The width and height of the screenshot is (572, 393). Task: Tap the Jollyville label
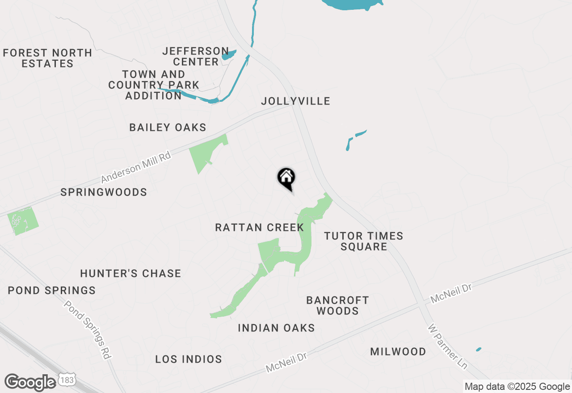coord(295,101)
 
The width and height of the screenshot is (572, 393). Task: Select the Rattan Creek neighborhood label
coord(259,228)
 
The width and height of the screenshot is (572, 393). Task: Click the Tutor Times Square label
coord(363,241)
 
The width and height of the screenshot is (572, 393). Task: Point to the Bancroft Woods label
coord(338,305)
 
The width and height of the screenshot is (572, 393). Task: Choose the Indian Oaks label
coord(276,328)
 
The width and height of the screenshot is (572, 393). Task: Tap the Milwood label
coord(398,352)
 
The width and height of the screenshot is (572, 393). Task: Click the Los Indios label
coord(189,359)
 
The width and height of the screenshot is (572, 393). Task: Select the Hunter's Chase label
coord(130,273)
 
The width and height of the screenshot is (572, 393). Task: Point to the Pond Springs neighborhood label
coord(52,291)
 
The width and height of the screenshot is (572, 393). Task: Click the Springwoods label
coord(104,192)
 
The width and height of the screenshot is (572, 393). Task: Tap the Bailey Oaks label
coord(168,128)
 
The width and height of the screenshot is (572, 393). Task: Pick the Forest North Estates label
coord(47,59)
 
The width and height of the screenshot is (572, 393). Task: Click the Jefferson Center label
coord(196,56)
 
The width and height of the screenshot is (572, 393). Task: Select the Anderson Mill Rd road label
coord(136,167)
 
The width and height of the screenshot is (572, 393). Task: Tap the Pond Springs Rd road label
coord(88,330)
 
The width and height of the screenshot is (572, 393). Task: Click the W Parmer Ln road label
coord(447,347)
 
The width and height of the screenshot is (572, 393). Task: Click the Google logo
coord(30,382)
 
